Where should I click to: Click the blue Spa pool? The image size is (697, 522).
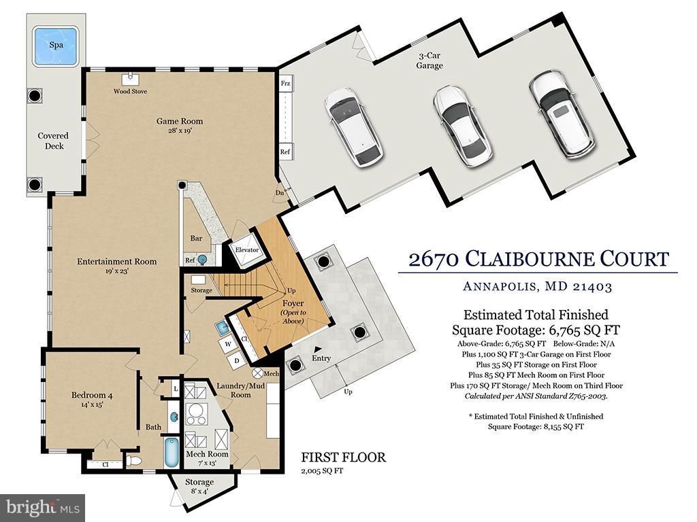point(56,46)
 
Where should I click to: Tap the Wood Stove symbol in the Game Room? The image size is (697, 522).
point(130,79)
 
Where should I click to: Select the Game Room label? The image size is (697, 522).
point(180,121)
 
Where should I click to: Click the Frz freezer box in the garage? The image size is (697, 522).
point(285,84)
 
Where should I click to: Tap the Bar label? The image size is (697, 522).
point(196,239)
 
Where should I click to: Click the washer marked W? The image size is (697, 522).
point(228,344)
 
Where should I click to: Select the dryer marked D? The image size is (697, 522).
point(237,361)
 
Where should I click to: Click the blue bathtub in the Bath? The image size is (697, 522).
point(172,452)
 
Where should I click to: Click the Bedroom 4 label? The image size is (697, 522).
point(89,395)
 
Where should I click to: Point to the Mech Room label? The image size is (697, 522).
point(207,454)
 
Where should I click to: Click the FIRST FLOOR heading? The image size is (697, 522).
point(344,457)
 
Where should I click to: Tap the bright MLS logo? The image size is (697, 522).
point(43,507)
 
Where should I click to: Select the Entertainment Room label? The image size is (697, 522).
point(116,262)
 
